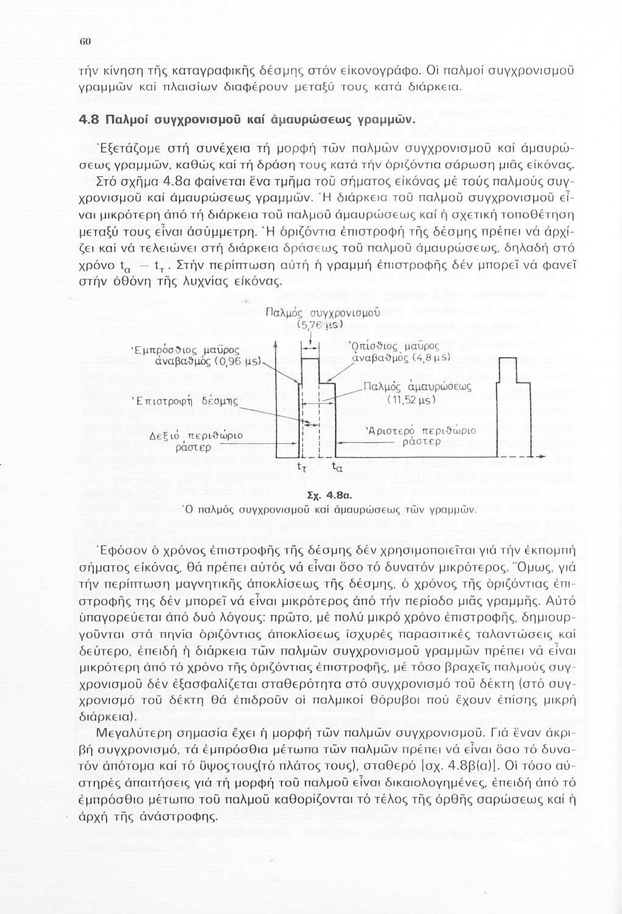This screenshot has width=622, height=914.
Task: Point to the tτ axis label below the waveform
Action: click(x=301, y=468)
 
